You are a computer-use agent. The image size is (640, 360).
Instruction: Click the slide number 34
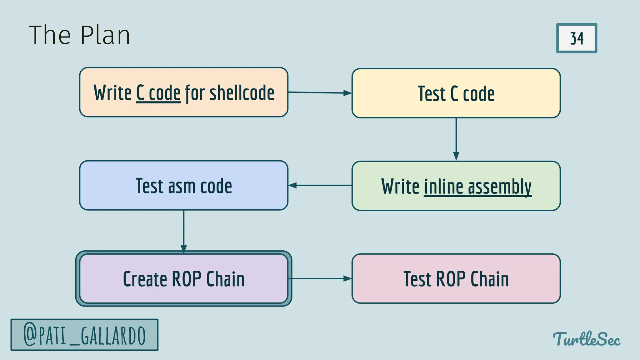(x=577, y=38)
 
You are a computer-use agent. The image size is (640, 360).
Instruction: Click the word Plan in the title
(x=105, y=35)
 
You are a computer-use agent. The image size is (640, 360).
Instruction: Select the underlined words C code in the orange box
(x=158, y=93)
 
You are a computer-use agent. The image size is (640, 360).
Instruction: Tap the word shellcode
(x=242, y=93)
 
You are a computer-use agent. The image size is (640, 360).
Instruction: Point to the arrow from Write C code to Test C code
(x=319, y=93)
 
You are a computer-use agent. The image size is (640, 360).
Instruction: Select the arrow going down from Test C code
(x=456, y=139)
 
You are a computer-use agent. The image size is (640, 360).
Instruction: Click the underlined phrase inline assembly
(x=477, y=187)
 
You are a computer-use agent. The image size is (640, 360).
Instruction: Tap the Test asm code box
(x=184, y=186)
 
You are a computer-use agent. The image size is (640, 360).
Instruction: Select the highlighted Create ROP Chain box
(x=184, y=278)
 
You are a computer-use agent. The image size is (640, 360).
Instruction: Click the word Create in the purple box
(x=145, y=279)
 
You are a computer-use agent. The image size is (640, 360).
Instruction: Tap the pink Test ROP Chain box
(x=456, y=279)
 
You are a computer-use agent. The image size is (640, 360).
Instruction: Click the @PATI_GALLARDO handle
(x=84, y=335)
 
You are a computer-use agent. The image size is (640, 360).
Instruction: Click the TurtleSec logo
(x=587, y=339)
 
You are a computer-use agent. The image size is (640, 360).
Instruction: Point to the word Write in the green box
(x=400, y=187)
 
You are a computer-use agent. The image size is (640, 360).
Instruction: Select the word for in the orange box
(x=195, y=93)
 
